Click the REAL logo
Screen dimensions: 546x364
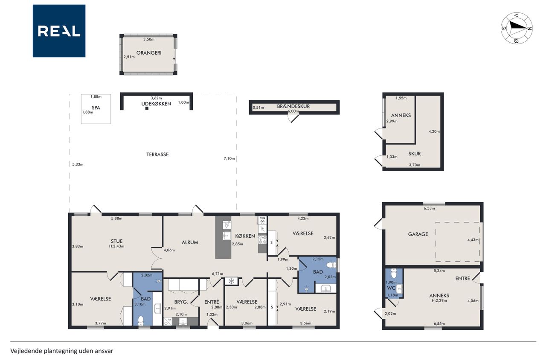(x=59, y=31)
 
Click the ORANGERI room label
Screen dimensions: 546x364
(x=149, y=52)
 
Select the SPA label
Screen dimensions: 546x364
(x=96, y=108)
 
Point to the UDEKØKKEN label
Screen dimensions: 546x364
(x=156, y=104)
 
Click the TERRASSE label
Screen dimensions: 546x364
(x=157, y=154)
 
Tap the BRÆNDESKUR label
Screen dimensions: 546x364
(x=293, y=106)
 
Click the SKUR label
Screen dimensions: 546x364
(x=415, y=154)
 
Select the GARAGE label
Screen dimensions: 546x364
(x=418, y=234)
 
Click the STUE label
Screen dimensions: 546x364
(x=116, y=241)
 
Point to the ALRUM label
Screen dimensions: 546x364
(x=190, y=242)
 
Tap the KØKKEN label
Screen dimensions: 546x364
(x=245, y=236)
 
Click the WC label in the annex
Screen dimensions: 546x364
(x=391, y=288)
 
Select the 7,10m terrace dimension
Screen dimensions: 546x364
(x=229, y=158)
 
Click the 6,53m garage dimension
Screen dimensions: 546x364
(x=429, y=208)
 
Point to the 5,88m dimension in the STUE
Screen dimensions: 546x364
(x=117, y=218)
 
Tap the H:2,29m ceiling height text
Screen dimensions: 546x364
(x=439, y=300)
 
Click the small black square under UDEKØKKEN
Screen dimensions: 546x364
(x=147, y=108)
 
